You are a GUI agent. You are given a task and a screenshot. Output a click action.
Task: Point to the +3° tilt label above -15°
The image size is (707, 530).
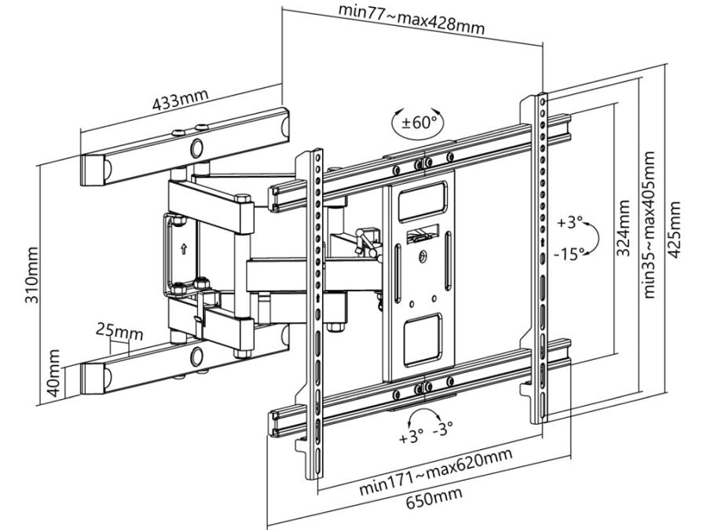click(570, 224)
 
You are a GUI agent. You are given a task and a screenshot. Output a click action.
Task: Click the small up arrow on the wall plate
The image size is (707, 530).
click(182, 249)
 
